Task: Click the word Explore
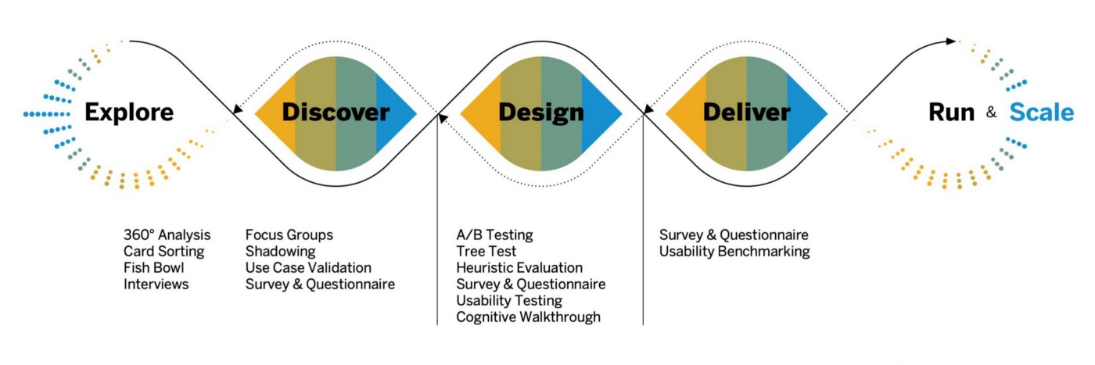point(129,113)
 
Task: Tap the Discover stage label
point(336,113)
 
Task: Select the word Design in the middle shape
point(541,113)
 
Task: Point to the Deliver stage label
point(746,113)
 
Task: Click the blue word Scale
point(1042,113)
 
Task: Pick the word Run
point(951,113)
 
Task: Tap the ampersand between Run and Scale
point(992,113)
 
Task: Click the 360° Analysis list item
point(167,235)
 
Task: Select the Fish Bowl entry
point(153,268)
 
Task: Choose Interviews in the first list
point(156,284)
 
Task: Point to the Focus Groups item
point(289,235)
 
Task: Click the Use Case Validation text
point(308,268)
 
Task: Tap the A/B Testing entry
point(494,235)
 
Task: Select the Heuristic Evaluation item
point(519,268)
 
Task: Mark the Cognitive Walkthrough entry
point(529,317)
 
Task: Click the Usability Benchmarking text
point(734,252)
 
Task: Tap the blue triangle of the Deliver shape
point(803,113)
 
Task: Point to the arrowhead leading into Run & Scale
point(951,41)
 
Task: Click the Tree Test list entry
point(486,252)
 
